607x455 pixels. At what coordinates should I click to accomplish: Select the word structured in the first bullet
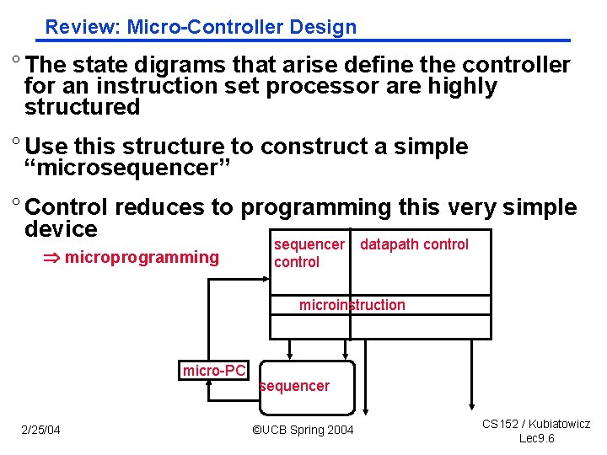click(x=82, y=107)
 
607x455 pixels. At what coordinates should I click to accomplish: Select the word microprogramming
click(x=142, y=257)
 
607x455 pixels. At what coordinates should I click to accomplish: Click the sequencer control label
click(x=309, y=253)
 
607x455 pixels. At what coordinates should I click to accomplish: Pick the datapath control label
click(x=414, y=244)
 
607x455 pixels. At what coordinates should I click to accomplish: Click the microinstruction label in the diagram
click(x=352, y=305)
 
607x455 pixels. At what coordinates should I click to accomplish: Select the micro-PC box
click(x=214, y=370)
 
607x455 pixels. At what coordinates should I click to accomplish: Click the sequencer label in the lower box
click(x=294, y=386)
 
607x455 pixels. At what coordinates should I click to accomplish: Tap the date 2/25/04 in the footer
click(x=40, y=431)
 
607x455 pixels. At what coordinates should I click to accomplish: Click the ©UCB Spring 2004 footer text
click(x=303, y=431)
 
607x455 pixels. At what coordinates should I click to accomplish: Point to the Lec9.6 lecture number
click(x=536, y=438)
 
